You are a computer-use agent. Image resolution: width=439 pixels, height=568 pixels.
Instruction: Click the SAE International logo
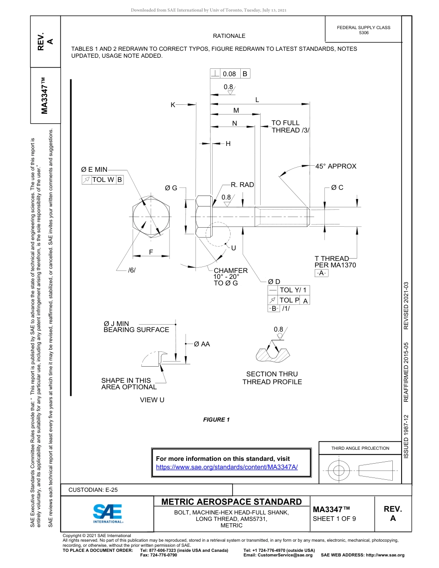tap(108, 513)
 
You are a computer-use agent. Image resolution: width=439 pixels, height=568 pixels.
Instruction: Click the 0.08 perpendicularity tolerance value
tap(229, 74)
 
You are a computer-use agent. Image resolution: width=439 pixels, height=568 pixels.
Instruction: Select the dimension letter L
tap(257, 100)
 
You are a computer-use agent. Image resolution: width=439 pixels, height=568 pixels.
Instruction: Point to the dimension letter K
tap(173, 105)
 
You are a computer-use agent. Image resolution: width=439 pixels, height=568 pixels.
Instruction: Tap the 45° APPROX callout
tap(336, 166)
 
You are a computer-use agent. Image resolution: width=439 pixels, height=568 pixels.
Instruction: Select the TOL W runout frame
tap(103, 180)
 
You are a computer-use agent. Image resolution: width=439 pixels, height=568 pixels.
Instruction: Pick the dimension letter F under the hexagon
tap(151, 252)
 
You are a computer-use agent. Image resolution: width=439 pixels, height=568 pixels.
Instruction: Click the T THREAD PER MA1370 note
tap(335, 262)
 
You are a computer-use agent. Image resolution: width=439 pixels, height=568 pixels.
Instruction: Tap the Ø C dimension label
tap(337, 187)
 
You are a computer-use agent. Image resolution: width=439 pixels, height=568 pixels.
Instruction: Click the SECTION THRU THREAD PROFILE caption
tap(272, 378)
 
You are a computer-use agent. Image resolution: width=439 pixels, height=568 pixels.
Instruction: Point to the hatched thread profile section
tap(273, 353)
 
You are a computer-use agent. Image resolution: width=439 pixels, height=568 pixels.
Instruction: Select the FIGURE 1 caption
tap(216, 420)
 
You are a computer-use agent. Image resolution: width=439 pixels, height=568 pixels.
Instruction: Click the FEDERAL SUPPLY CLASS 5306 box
tap(364, 30)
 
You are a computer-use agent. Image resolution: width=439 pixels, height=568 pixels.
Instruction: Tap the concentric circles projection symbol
tap(339, 471)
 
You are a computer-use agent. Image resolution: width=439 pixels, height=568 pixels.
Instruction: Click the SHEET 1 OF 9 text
tap(335, 518)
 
